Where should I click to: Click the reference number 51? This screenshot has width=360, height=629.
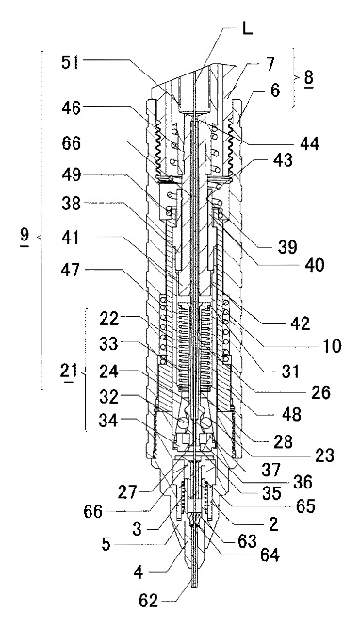tap(71, 63)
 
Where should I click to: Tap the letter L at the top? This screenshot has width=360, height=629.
tap(248, 28)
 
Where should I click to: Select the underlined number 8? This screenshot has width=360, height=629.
tap(308, 78)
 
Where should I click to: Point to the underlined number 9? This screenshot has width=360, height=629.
tap(25, 236)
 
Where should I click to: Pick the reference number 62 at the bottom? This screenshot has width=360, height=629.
tap(149, 602)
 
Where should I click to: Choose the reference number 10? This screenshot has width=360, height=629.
tap(331, 345)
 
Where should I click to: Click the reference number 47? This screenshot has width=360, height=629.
tap(71, 271)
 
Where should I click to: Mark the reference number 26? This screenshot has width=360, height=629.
tap(319, 392)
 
